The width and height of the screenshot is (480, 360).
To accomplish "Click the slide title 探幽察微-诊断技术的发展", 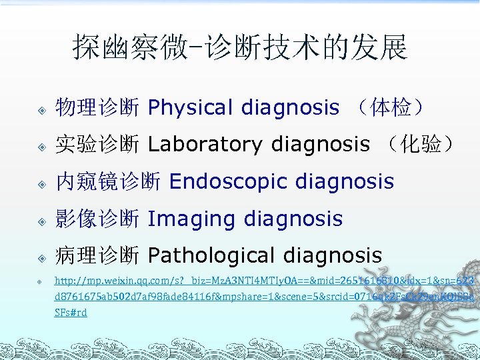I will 239,47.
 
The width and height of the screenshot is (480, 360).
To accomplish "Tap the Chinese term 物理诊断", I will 97,107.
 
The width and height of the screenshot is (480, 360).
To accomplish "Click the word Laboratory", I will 205,144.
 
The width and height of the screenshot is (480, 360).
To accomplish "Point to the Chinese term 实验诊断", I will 97,144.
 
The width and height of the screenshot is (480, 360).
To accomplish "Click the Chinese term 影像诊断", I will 97,219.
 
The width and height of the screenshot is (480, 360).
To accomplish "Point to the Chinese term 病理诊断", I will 97,255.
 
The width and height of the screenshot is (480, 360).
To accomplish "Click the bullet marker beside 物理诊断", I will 41,109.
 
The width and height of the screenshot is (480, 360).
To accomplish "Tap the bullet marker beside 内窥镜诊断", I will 41,183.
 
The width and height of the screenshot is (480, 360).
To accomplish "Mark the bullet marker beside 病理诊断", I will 41,257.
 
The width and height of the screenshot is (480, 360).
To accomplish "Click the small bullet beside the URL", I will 41,282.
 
